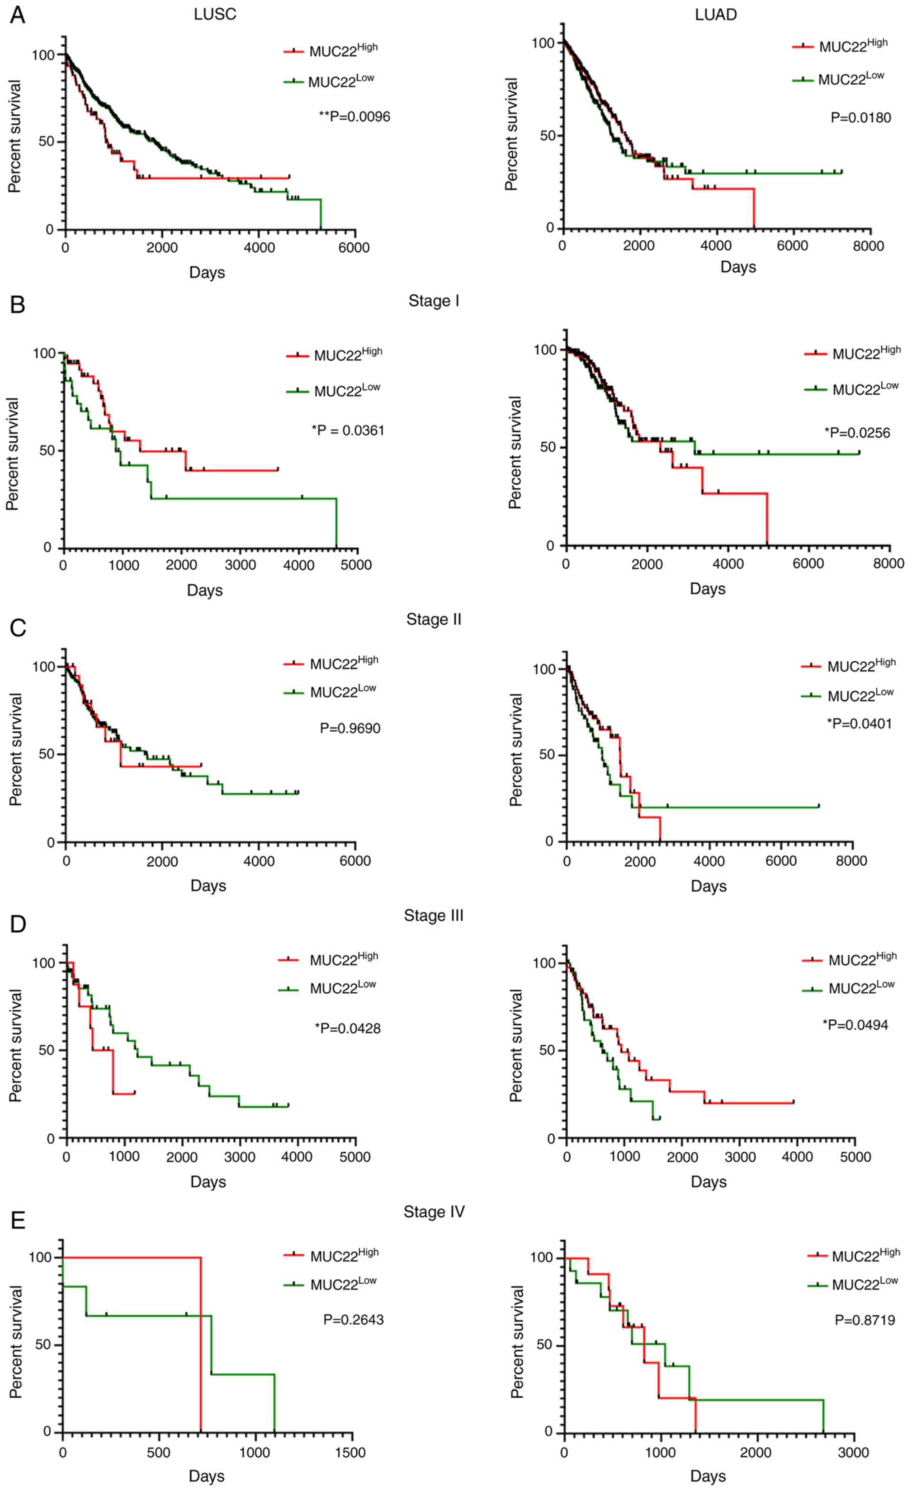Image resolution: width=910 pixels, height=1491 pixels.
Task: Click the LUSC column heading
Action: click(x=215, y=15)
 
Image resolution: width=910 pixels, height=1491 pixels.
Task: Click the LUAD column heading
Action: click(x=716, y=15)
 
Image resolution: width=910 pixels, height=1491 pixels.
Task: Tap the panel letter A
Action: click(x=17, y=15)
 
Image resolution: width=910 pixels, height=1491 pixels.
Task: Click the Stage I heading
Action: click(x=434, y=301)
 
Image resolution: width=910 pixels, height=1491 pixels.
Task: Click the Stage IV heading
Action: click(x=434, y=1212)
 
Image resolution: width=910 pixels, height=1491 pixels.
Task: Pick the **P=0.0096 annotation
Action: click(x=354, y=116)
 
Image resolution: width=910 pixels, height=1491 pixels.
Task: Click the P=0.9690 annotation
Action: click(x=350, y=728)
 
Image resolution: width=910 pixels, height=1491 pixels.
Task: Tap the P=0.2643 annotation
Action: click(x=353, y=1320)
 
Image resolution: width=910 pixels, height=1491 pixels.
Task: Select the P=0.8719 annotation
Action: click(x=865, y=1320)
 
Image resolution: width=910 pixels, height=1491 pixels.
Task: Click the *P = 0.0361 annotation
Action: click(x=348, y=431)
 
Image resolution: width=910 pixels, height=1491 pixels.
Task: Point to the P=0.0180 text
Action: click(x=861, y=118)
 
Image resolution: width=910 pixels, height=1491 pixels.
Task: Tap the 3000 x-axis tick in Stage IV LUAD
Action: click(x=853, y=1453)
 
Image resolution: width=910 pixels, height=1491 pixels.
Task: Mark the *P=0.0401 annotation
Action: click(x=860, y=724)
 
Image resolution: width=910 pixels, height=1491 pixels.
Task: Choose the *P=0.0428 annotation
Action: click(x=348, y=1029)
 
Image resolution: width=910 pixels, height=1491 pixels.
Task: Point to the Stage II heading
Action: click(x=434, y=619)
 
